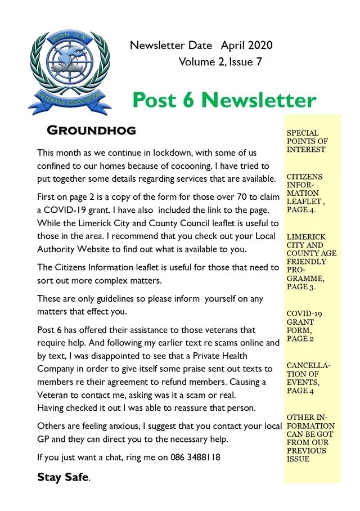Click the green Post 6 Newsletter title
click(224, 100)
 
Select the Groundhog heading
click(91, 131)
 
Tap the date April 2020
click(247, 45)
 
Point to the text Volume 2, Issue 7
click(220, 62)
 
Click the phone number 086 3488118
click(195, 458)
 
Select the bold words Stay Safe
click(62, 477)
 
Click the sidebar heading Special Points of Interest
click(306, 141)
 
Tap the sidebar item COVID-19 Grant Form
click(304, 326)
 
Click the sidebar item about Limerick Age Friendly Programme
click(311, 261)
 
